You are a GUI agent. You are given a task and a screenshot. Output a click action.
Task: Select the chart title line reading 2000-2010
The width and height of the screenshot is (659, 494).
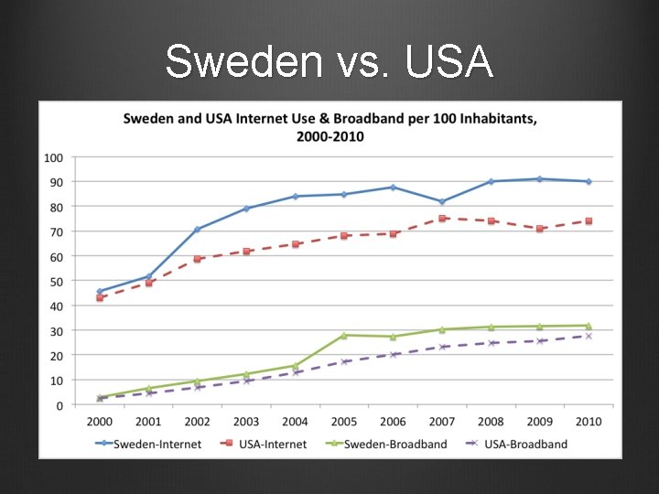coord(329,136)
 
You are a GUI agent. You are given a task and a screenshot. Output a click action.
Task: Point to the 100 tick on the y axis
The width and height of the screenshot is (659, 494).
coord(53,157)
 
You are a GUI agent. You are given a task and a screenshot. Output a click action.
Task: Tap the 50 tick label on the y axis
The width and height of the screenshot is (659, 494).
coord(56,281)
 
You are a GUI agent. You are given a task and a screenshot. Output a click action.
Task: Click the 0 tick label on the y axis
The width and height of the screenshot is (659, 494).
coord(59,404)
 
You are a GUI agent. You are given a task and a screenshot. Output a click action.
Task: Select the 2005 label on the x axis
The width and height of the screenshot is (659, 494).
coord(344,422)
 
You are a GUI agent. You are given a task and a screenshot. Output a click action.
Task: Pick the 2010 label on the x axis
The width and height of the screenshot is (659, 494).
coord(589,422)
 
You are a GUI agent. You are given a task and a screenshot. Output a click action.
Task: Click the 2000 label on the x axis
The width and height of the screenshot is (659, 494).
coord(99,422)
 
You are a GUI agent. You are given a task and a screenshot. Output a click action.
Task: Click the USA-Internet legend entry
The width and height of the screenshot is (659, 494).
coord(266,444)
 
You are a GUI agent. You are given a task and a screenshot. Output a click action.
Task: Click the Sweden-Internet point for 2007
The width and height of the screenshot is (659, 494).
coord(442,202)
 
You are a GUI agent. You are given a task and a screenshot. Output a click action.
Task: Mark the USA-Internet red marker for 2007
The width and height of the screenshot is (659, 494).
coord(442,219)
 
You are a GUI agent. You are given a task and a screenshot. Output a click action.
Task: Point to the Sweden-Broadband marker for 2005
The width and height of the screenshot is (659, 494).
coord(344,335)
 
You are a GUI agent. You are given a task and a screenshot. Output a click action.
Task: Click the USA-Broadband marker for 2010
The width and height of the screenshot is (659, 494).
coord(589,336)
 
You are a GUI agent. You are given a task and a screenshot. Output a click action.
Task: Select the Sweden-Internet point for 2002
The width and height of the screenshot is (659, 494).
coord(197,230)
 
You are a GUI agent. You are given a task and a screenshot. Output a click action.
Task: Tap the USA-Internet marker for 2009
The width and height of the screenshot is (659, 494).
coord(540,229)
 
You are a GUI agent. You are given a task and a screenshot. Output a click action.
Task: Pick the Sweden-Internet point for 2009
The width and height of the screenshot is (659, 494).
coord(540,179)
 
